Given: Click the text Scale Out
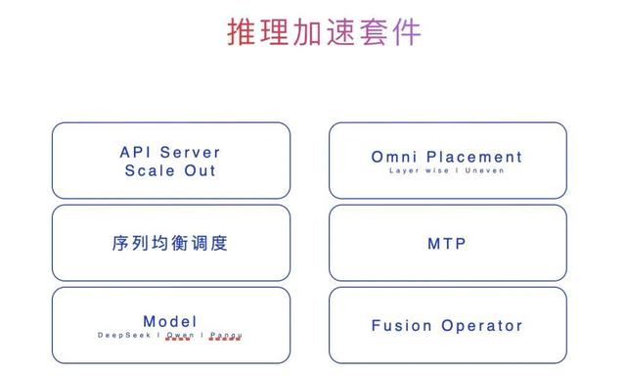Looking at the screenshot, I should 170,169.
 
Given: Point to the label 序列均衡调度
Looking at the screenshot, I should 170,242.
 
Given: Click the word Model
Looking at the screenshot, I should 170,321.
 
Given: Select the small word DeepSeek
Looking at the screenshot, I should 123,335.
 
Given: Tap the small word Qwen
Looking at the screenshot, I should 179,335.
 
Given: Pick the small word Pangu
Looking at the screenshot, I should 226,335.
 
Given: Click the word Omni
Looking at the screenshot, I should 394,157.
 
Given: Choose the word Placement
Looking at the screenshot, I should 474,157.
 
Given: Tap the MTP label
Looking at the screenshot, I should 447,242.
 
